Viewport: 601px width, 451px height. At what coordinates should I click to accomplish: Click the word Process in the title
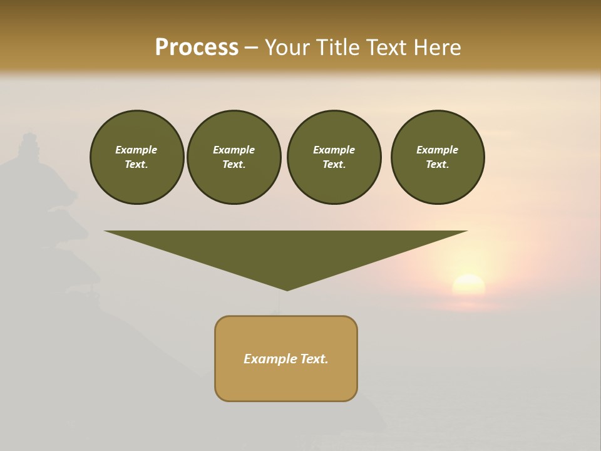pyautogui.click(x=197, y=48)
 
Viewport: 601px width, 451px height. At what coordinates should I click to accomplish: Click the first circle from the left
pyautogui.click(x=136, y=157)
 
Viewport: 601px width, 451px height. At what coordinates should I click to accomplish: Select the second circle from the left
pyautogui.click(x=234, y=157)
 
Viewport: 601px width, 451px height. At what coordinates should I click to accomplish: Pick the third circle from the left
pyautogui.click(x=334, y=157)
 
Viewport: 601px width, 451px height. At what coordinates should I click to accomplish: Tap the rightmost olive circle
pyautogui.click(x=437, y=157)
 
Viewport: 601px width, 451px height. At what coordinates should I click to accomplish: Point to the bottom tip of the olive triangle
pyautogui.click(x=287, y=289)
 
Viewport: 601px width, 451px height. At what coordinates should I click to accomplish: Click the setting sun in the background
pyautogui.click(x=468, y=284)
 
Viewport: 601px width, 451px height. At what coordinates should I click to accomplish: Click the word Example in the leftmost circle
pyautogui.click(x=136, y=150)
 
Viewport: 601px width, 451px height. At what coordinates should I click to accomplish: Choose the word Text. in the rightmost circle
pyautogui.click(x=437, y=164)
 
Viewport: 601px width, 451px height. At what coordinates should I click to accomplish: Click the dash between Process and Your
pyautogui.click(x=252, y=48)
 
